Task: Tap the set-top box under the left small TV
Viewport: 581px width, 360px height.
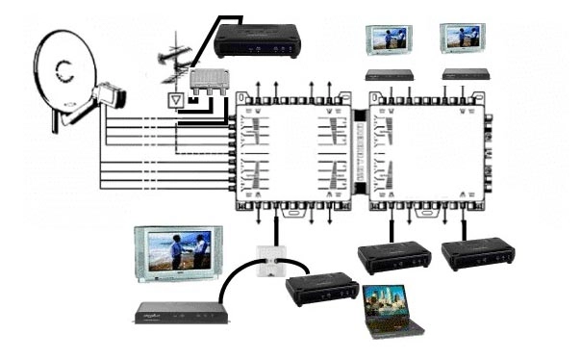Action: coord(390,74)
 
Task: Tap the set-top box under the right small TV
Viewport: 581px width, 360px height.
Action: coord(465,73)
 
